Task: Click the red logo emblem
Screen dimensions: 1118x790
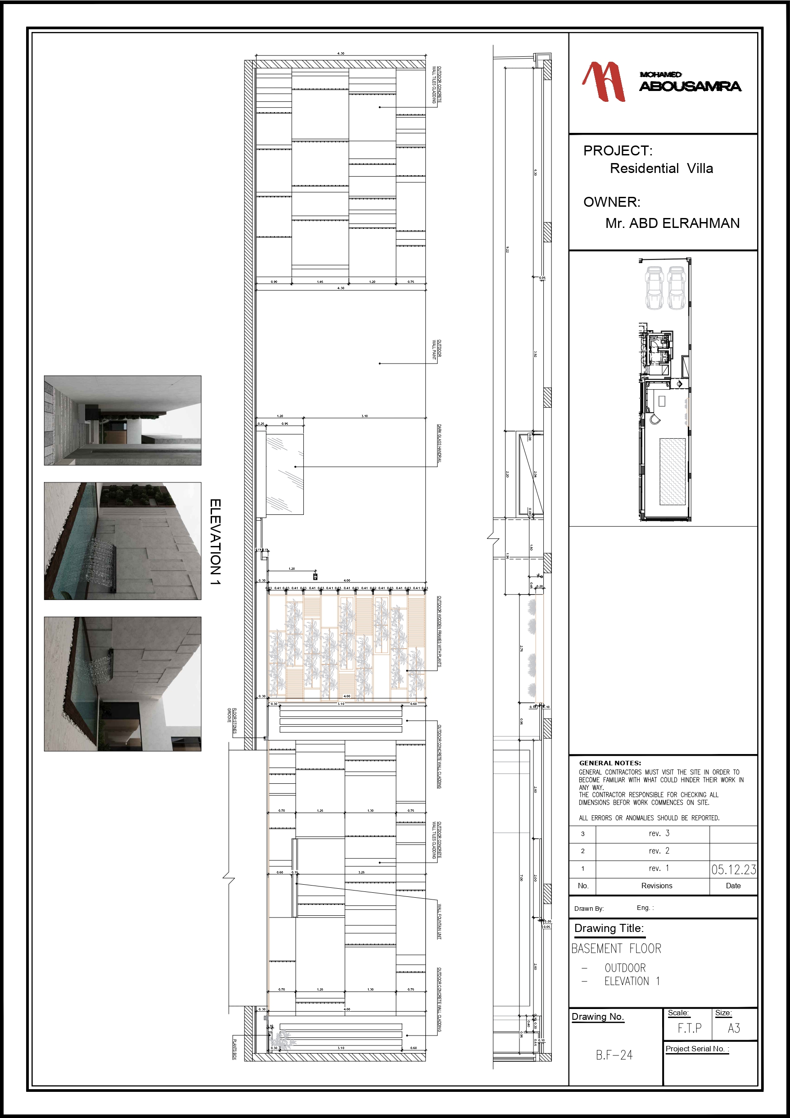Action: (x=604, y=82)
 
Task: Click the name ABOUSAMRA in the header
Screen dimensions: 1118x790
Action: (x=690, y=86)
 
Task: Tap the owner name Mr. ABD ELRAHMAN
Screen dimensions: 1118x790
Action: (x=672, y=223)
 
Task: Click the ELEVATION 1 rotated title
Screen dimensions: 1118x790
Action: (x=215, y=541)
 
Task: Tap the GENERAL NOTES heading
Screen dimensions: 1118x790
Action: (x=609, y=763)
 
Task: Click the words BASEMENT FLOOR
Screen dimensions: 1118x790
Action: (x=616, y=949)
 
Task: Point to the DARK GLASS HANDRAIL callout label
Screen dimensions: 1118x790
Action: (x=439, y=445)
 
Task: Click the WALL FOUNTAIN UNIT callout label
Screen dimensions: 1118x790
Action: (x=439, y=922)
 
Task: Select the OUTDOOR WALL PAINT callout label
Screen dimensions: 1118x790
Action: (x=437, y=349)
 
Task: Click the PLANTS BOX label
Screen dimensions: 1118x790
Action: (x=234, y=1050)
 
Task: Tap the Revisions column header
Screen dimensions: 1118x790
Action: (x=656, y=886)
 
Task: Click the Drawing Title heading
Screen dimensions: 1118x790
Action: (x=609, y=928)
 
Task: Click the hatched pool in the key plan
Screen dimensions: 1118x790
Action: (x=672, y=471)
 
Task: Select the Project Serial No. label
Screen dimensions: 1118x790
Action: (x=696, y=1049)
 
